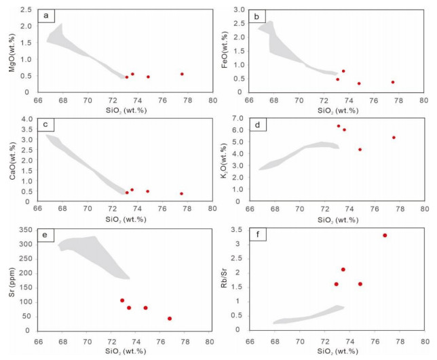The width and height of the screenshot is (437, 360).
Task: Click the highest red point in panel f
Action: pyautogui.click(x=385, y=235)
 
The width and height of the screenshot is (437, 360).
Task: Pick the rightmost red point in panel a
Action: pyautogui.click(x=182, y=74)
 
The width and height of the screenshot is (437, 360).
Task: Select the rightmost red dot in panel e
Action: pyautogui.click(x=170, y=318)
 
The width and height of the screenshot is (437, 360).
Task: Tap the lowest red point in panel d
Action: pyautogui.click(x=360, y=149)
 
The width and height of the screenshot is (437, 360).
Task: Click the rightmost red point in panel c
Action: pyautogui.click(x=181, y=193)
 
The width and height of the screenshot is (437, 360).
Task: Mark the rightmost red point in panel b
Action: pyautogui.click(x=393, y=82)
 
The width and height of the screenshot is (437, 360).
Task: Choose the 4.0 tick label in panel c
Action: pyautogui.click(x=28, y=119)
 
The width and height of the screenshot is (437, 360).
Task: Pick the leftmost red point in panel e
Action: pyautogui.click(x=122, y=300)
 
